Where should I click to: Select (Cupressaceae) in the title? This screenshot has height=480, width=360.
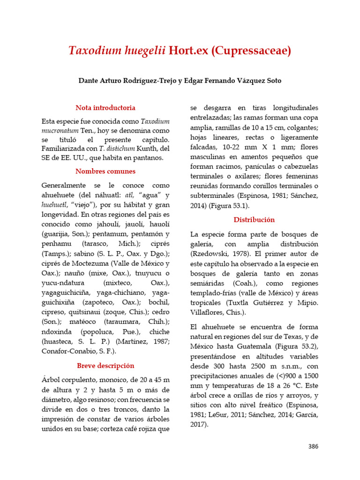tap(251, 51)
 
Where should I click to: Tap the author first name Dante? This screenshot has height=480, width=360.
tap(89, 81)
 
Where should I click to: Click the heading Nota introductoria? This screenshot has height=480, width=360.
tap(105, 107)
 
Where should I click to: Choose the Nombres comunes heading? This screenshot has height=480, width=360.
tap(105, 171)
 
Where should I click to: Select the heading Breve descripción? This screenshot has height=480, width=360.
tap(105, 366)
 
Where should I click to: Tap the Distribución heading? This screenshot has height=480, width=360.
tap(254, 219)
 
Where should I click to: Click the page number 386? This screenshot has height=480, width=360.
tap(313, 446)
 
